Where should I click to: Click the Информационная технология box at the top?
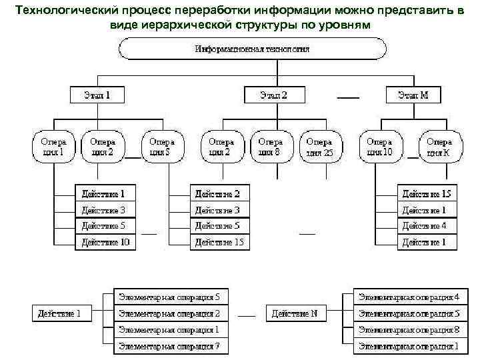252,49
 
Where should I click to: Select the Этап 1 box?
97,95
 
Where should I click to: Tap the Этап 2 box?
274,95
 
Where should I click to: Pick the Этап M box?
414,95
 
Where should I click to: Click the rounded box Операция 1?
53,147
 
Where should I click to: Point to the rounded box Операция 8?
271,147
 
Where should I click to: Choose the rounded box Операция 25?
319,147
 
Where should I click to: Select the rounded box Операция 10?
379,147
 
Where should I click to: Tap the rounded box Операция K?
439,147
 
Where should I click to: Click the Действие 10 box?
105,242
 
